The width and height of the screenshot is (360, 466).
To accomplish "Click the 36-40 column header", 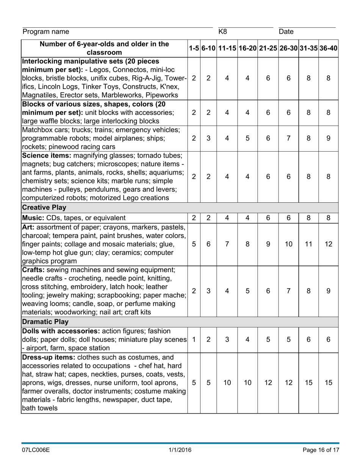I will (x=328, y=48).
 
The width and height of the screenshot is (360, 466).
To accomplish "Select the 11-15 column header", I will (x=227, y=48).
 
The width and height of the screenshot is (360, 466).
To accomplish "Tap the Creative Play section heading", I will (x=44, y=208).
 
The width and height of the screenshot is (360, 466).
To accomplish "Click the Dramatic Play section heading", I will (x=45, y=322).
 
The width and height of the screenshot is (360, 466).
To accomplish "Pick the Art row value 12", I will (x=328, y=244).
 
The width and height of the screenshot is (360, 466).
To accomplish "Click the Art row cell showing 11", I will (x=308, y=244).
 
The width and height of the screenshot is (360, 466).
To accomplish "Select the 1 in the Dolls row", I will (x=194, y=340).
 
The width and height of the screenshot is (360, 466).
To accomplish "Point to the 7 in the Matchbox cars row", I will (x=288, y=139).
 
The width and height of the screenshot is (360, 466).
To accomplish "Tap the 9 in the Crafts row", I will (x=328, y=291).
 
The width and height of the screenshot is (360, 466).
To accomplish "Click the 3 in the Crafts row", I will (x=208, y=291).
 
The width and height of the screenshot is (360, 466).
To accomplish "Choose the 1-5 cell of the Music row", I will (x=194, y=218).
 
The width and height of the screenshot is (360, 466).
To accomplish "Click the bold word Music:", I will (x=34, y=218).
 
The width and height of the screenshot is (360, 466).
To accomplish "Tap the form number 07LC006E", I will (x=36, y=450).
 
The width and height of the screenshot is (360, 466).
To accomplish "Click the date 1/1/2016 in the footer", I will (x=180, y=450).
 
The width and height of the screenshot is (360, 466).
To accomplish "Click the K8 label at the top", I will (x=223, y=31).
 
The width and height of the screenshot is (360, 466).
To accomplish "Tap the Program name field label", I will (x=46, y=32).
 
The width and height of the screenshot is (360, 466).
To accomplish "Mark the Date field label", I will (x=286, y=32).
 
